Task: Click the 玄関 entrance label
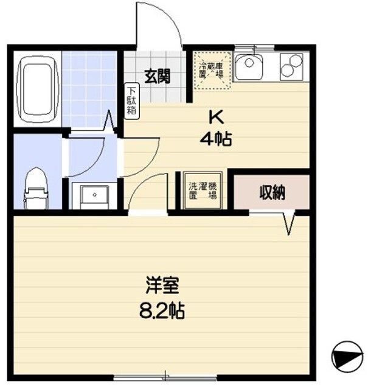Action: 156,77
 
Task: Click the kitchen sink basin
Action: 249,66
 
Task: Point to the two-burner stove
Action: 291,66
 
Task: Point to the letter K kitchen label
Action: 215,116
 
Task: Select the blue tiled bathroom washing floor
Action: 89,88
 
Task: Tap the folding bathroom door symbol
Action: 111,122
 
